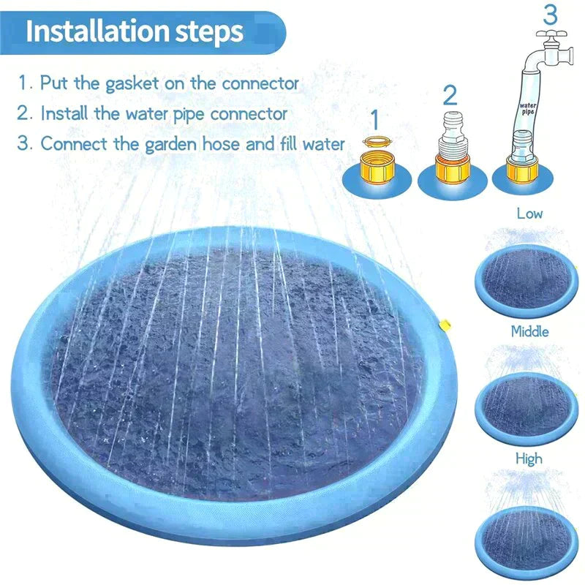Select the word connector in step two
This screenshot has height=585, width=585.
coord(249,114)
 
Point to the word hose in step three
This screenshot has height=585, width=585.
coord(217,143)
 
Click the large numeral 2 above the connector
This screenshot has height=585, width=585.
coord(450,95)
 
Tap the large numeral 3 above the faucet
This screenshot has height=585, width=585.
coord(549,15)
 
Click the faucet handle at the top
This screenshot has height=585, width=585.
coord(549,34)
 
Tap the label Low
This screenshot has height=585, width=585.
coord(529,214)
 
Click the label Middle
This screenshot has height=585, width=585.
coord(529,331)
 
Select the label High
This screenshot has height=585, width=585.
coord(529,458)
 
